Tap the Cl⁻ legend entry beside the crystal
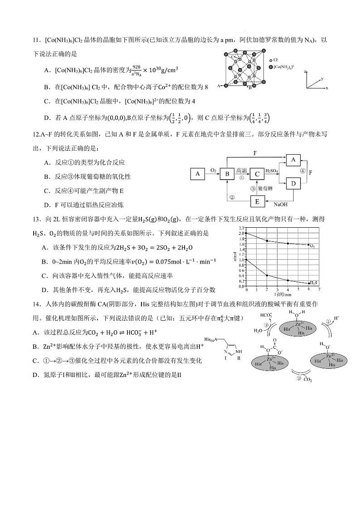coord(276,60)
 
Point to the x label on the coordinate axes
coord(327,87)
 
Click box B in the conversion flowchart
coord(227,174)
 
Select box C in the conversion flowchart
coord(257,174)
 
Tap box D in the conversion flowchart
coord(293,184)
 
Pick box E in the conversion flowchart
coord(257,201)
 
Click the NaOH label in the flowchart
coord(280,205)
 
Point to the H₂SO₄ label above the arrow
coord(272,171)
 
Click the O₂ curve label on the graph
coord(312,245)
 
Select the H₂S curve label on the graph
coord(313,283)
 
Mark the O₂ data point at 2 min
coord(267,240)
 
